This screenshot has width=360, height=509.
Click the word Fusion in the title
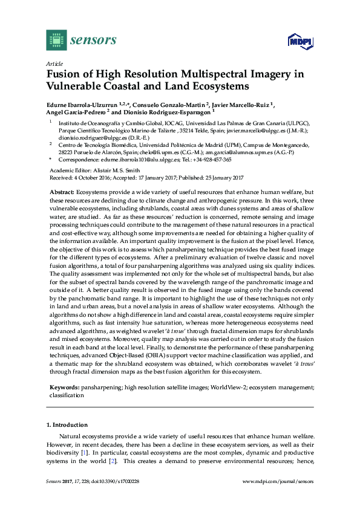[x=63, y=75]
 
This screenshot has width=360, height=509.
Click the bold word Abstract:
[x=62, y=191]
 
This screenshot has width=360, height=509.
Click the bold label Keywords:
[x=65, y=386]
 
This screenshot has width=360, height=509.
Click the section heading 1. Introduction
[x=67, y=425]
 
